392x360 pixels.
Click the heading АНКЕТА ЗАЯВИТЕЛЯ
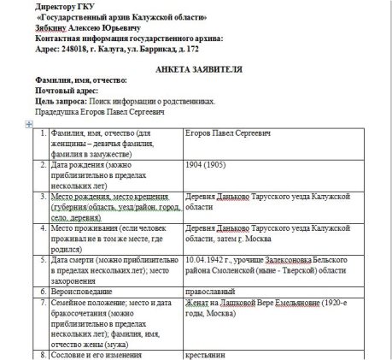195,68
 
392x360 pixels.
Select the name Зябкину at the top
54,28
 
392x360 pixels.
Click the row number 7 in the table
43,303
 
